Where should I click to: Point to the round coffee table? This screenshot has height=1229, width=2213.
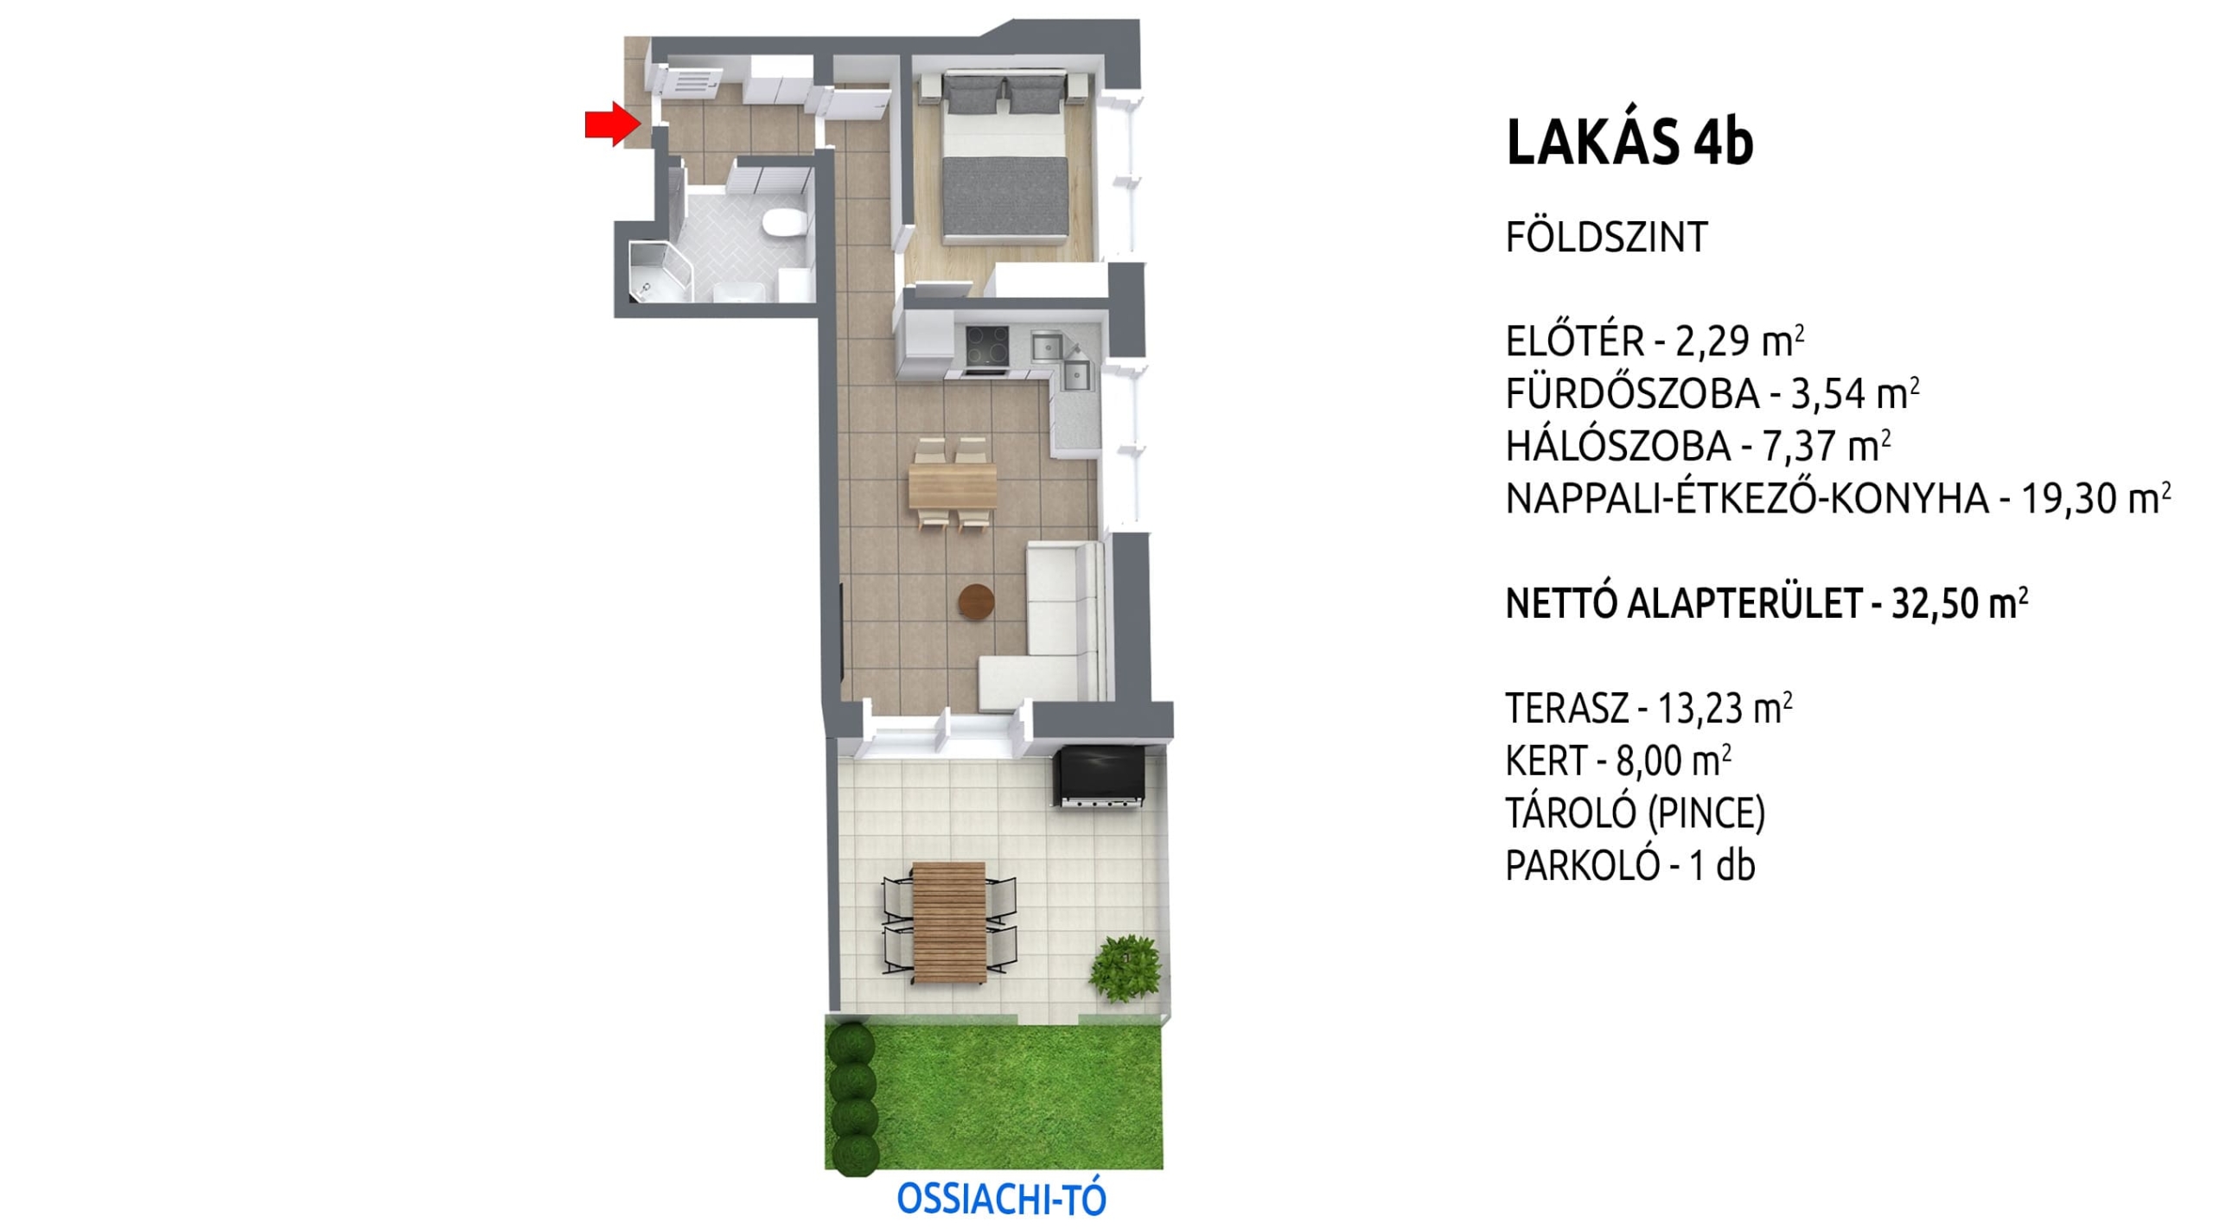[x=977, y=602]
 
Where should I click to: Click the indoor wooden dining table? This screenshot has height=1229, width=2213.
[x=952, y=484]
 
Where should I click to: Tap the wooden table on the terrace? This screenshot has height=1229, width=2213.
[x=948, y=923]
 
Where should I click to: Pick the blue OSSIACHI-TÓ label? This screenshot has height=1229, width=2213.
[x=1001, y=1199]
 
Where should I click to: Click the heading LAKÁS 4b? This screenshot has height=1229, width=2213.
[x=1629, y=143]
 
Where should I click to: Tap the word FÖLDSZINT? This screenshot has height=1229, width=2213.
[x=1606, y=238]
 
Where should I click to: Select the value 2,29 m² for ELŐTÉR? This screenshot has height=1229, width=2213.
[x=1739, y=342]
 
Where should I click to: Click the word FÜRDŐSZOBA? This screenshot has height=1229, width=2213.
[x=1632, y=394]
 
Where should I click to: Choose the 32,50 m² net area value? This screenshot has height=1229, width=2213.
[x=1960, y=604]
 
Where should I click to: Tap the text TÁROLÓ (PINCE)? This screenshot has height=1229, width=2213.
[x=1636, y=813]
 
